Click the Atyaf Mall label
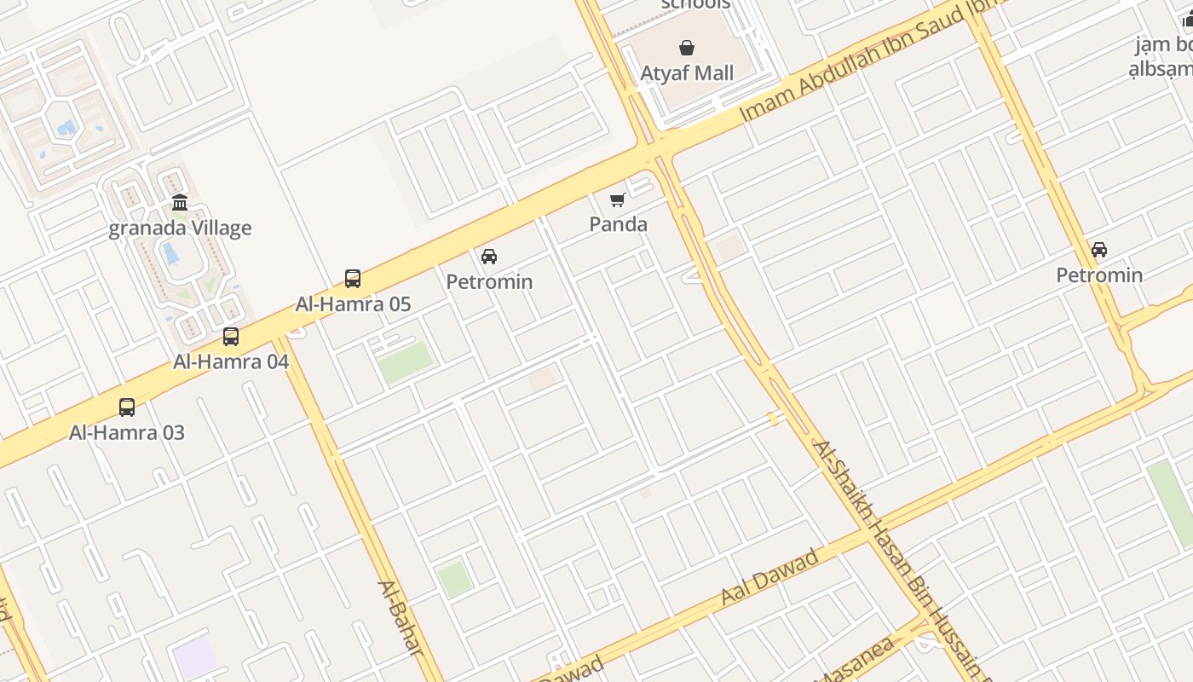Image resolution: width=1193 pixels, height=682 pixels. coord(687,73)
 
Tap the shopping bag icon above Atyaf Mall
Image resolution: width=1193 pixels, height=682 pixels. coord(687,48)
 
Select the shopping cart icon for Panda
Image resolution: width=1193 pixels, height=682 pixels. coord(618,200)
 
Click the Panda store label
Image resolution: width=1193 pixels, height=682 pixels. coord(619,224)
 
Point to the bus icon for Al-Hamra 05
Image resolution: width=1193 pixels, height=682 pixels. coord(353,278)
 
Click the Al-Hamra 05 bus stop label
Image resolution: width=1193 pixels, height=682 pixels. coord(353,303)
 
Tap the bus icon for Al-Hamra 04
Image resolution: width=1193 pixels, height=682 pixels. coord(231,337)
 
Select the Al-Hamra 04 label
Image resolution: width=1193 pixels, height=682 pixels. coord(231,361)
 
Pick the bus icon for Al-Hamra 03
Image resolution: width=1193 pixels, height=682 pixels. coord(127,407)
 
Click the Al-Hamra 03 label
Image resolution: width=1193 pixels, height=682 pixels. coord(127,432)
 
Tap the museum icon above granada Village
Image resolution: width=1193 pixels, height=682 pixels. coord(180,203)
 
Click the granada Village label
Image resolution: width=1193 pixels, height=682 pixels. coord(180,228)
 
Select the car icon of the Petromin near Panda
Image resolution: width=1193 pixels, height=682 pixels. coord(489,257)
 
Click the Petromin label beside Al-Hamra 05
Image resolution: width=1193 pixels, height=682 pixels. coord(489,281)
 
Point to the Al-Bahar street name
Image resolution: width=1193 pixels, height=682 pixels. coord(401,618)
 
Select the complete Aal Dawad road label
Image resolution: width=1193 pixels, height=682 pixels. coord(769,577)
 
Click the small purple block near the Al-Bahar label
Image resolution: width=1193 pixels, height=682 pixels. coord(195,657)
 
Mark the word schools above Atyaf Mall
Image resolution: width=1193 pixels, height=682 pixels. coord(695,4)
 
